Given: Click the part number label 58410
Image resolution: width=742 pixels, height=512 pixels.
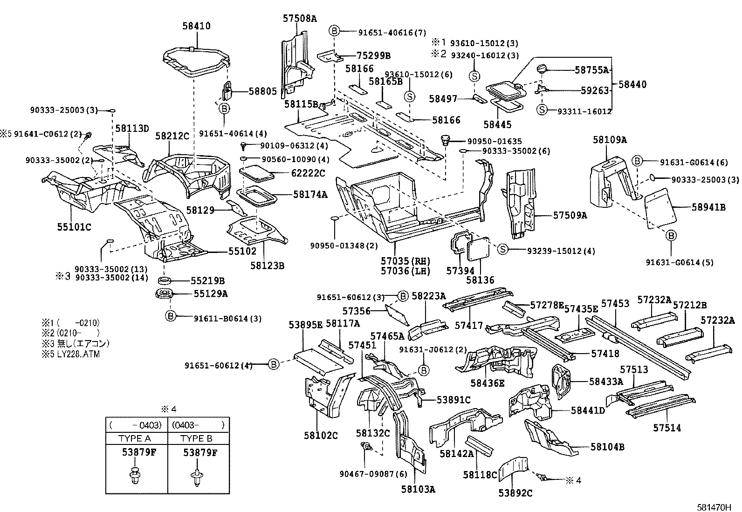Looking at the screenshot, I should [x=196, y=26].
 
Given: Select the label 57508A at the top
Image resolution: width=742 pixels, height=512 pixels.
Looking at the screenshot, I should [x=299, y=19].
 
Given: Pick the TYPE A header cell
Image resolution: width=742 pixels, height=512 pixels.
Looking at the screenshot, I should [x=136, y=438].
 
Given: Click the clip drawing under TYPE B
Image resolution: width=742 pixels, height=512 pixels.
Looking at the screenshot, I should [x=197, y=476].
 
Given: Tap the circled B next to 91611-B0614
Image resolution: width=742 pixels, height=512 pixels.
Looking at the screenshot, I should [x=171, y=316].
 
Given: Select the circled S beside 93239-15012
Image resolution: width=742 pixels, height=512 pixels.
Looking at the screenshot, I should [x=503, y=250].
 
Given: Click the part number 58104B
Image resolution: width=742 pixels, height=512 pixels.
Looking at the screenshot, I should [x=607, y=447].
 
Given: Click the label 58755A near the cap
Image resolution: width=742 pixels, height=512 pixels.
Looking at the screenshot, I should [x=592, y=70].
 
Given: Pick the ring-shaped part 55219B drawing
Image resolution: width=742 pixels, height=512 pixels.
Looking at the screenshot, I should [x=164, y=280].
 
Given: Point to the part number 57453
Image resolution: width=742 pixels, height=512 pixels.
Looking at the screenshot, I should [x=615, y=304].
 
